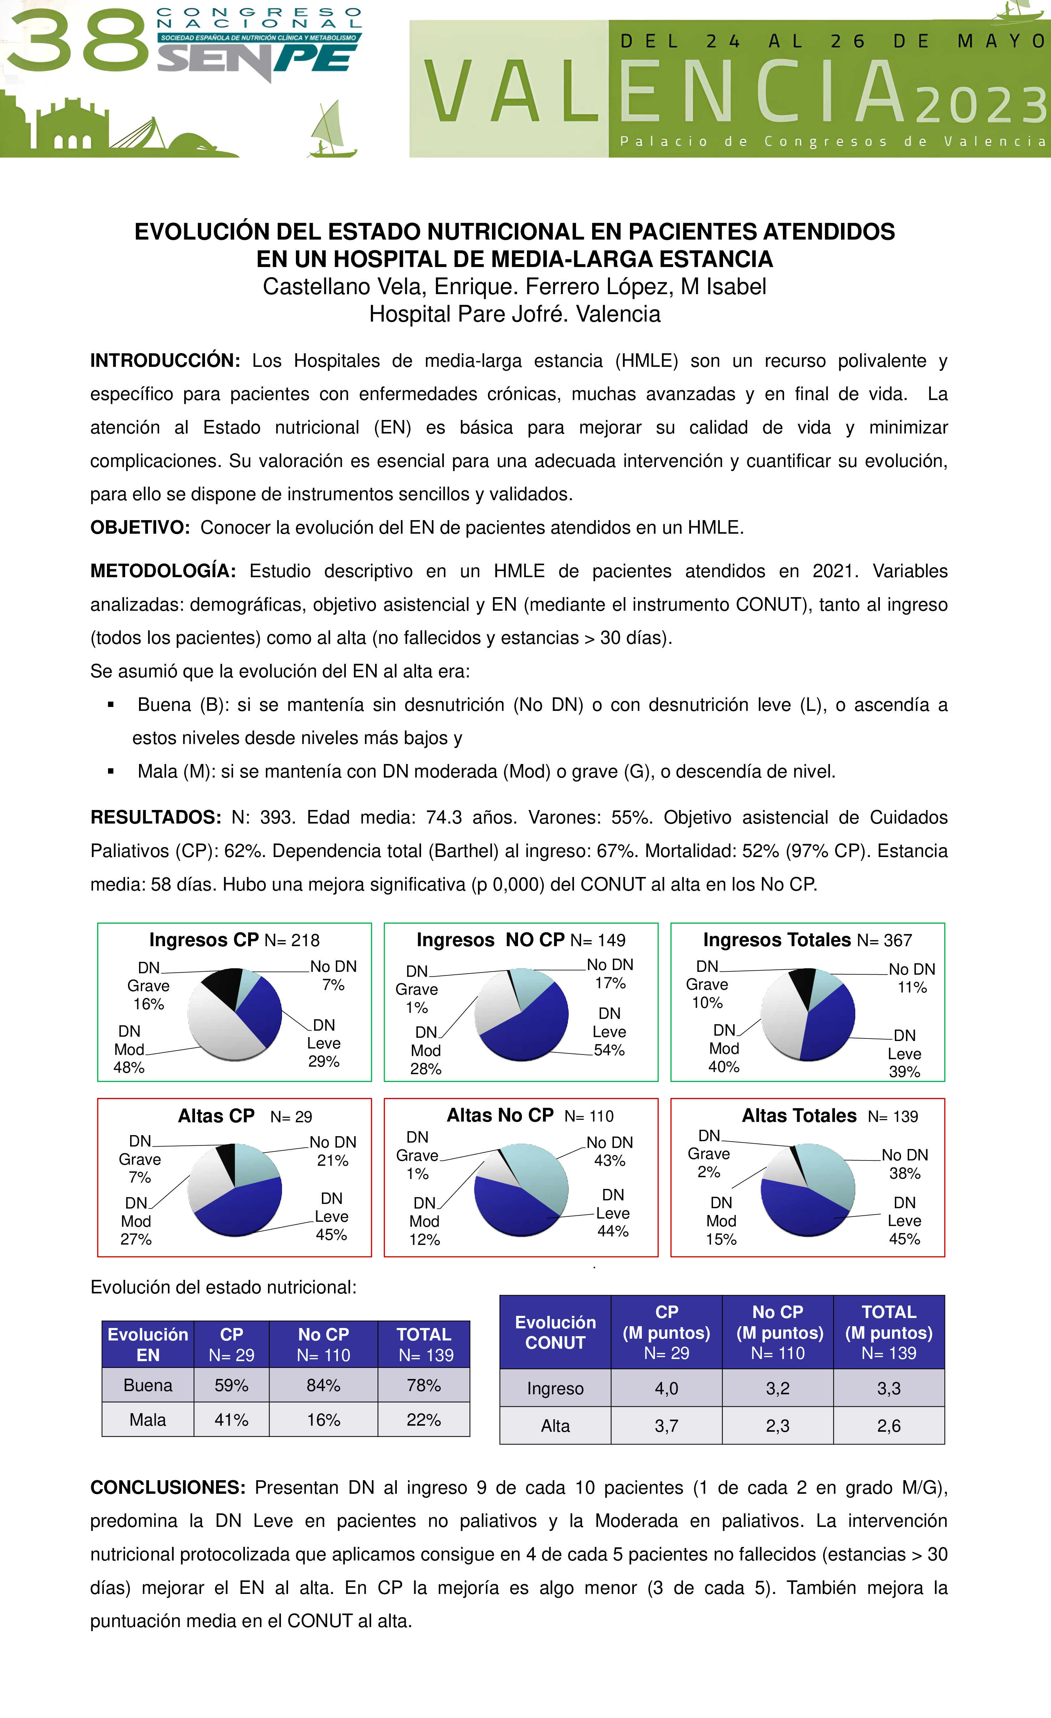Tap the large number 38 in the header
(x=77, y=40)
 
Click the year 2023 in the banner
(x=980, y=104)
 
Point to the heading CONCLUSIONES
(x=167, y=1487)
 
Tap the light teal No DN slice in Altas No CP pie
(x=540, y=1171)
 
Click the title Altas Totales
(x=799, y=1116)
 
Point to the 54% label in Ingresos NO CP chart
(x=609, y=1050)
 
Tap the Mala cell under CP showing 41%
(x=231, y=1420)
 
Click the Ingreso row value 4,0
(x=666, y=1388)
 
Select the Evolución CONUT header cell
(x=555, y=1332)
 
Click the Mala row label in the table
(x=148, y=1420)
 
